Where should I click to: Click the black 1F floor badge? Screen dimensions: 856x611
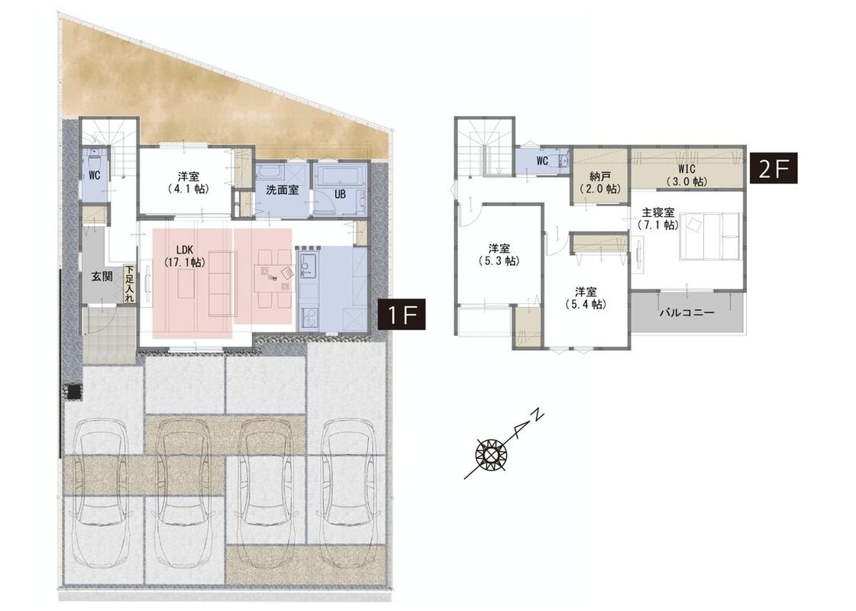(402, 315)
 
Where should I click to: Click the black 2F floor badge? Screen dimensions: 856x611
(774, 168)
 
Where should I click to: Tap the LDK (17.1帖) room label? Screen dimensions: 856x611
(185, 256)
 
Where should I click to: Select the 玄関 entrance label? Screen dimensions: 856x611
(102, 276)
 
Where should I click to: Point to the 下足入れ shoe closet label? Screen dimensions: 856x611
(129, 283)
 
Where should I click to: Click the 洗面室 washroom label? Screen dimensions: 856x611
(283, 191)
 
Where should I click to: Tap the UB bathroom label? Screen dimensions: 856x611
(340, 194)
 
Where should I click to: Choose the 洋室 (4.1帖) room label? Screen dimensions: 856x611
(189, 183)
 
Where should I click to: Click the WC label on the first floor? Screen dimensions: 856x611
(95, 175)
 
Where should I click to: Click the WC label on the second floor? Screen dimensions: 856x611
(542, 161)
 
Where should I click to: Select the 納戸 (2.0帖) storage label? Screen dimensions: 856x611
(600, 183)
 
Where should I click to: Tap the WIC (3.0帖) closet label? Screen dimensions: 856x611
(686, 175)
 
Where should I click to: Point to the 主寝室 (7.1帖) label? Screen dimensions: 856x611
(658, 218)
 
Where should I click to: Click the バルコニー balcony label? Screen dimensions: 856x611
(686, 313)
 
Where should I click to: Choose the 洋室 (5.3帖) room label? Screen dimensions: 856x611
(499, 254)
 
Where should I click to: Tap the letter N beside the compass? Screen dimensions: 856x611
(537, 414)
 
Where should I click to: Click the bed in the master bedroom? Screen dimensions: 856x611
(709, 237)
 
